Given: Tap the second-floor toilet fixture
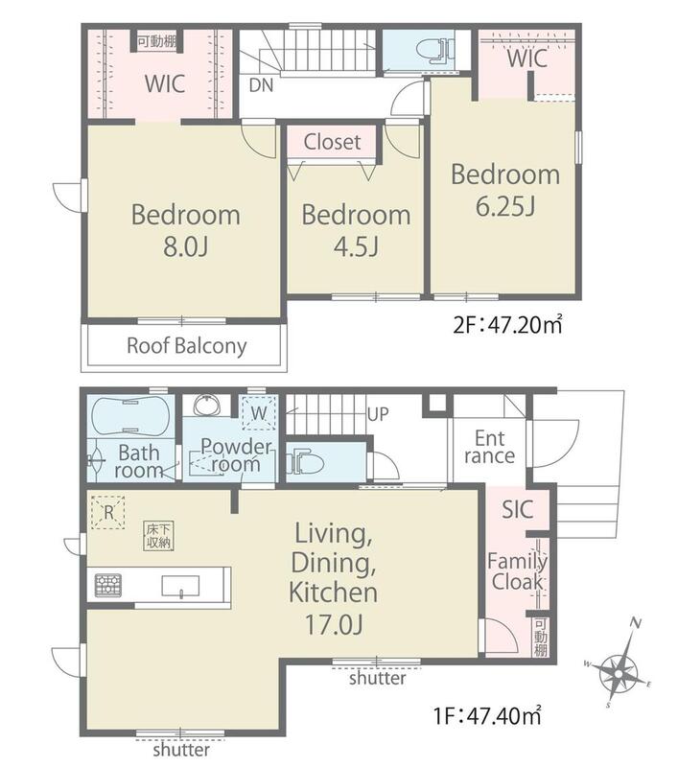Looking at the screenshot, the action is click(433, 50).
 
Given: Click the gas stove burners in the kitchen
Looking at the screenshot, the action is click(108, 586).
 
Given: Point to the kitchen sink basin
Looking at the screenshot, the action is click(180, 587).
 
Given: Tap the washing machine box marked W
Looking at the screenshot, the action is click(259, 412).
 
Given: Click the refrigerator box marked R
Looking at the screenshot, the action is click(108, 512).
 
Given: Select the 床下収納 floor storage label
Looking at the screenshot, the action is click(159, 536).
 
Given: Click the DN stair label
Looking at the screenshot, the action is click(261, 86).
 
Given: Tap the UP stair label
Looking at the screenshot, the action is click(378, 415).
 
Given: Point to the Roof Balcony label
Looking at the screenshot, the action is click(186, 346).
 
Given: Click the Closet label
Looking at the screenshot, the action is click(332, 142).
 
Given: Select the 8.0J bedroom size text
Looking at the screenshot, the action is click(186, 247).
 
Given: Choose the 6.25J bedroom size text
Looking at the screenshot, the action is click(505, 206).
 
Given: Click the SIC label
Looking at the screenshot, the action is click(518, 510).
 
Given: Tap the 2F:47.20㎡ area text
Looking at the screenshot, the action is click(507, 324).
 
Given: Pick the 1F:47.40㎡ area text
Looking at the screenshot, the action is click(487, 716).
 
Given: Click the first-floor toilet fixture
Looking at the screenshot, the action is click(304, 463).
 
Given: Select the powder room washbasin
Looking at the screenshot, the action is click(207, 406).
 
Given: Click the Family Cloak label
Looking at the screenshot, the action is click(518, 571).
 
